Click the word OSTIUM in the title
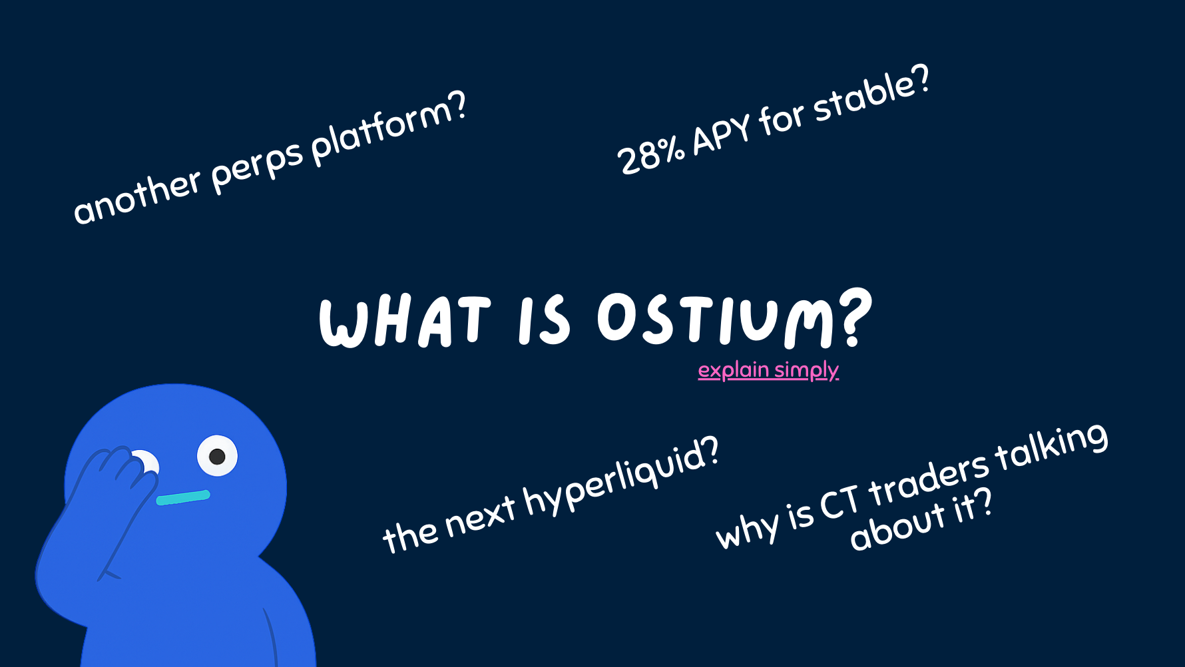(716, 320)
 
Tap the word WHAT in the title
(405, 322)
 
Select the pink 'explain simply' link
(768, 370)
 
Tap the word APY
(722, 135)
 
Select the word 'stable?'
(871, 94)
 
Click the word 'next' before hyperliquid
(480, 517)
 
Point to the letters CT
(840, 503)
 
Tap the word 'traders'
(929, 479)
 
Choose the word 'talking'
(1052, 445)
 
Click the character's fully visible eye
(217, 456)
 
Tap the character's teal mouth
(183, 497)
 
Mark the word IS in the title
(545, 320)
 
